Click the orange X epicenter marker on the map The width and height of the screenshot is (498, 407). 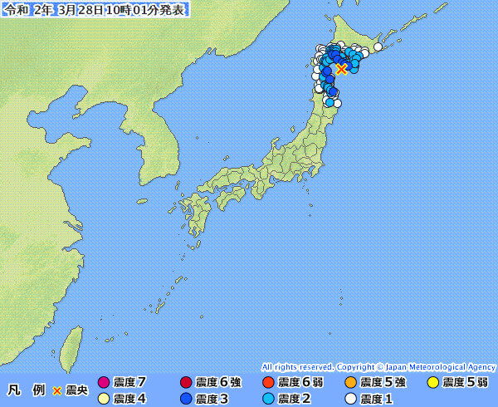[341, 69]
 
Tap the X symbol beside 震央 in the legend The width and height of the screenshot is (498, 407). [57, 390]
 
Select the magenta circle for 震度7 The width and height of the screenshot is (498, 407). [104, 383]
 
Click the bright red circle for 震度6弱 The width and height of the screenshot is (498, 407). [268, 383]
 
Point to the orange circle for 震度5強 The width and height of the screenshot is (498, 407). [351, 383]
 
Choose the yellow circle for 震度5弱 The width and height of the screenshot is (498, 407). [433, 383]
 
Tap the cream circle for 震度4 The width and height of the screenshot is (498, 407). [104, 399]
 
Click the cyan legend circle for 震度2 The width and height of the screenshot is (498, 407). [268, 399]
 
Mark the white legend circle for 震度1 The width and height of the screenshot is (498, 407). [351, 399]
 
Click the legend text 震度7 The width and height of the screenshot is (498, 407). [129, 383]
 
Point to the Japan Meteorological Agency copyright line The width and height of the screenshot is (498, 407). [378, 366]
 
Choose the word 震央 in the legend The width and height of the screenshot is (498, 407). [77, 390]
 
